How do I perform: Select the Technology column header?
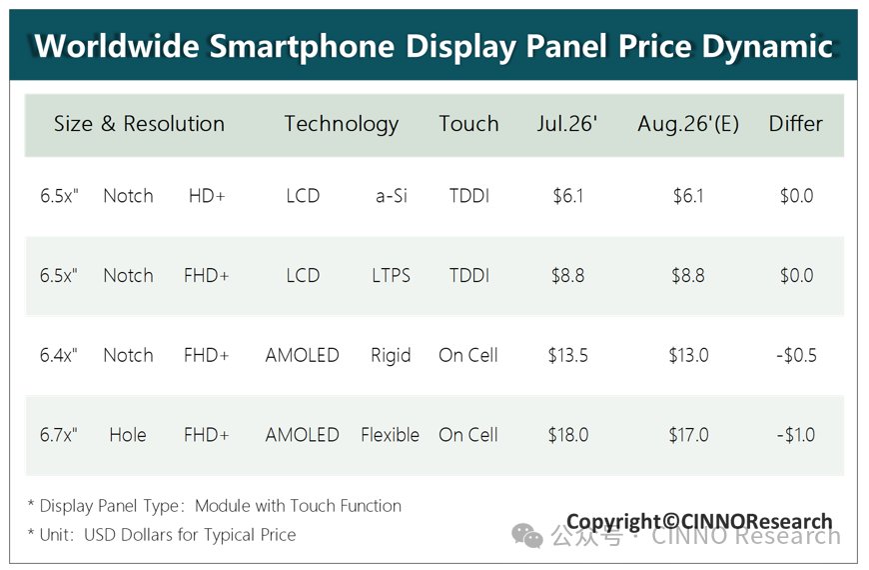[342, 124]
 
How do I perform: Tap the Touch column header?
[468, 123]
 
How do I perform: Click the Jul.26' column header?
[567, 123]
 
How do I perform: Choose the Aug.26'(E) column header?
[688, 124]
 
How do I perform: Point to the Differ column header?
[795, 123]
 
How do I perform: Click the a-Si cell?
[392, 196]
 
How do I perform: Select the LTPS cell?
[392, 275]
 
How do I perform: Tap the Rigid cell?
[391, 356]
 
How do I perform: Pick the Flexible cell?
[391, 435]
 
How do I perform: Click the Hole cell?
[128, 435]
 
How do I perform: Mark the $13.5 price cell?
[568, 355]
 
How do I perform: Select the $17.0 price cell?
[688, 435]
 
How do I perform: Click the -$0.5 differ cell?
[796, 355]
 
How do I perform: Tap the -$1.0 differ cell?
[796, 435]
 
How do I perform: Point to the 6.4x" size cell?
[59, 355]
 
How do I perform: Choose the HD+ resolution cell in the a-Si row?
[207, 196]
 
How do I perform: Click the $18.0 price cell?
[568, 435]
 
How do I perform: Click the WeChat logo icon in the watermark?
[527, 535]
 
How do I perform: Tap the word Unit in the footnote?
[56, 534]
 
